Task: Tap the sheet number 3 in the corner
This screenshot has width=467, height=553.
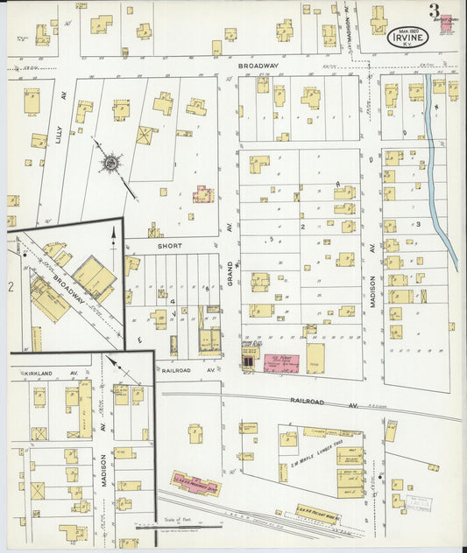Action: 434,11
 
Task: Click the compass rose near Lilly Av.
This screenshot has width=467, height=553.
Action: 111,163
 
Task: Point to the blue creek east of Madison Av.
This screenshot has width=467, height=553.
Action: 443,175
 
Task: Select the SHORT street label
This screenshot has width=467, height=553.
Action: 169,247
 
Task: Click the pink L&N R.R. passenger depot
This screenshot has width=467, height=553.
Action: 194,484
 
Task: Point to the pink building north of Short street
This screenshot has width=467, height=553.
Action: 203,193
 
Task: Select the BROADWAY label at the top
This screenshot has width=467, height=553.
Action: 258,66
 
